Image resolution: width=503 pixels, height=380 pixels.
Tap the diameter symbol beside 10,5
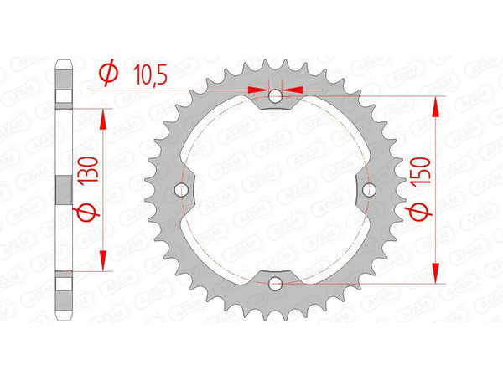click(107, 74)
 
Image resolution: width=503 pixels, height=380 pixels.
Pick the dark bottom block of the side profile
click(62, 281)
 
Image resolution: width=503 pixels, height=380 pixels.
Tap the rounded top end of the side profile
click(62, 64)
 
